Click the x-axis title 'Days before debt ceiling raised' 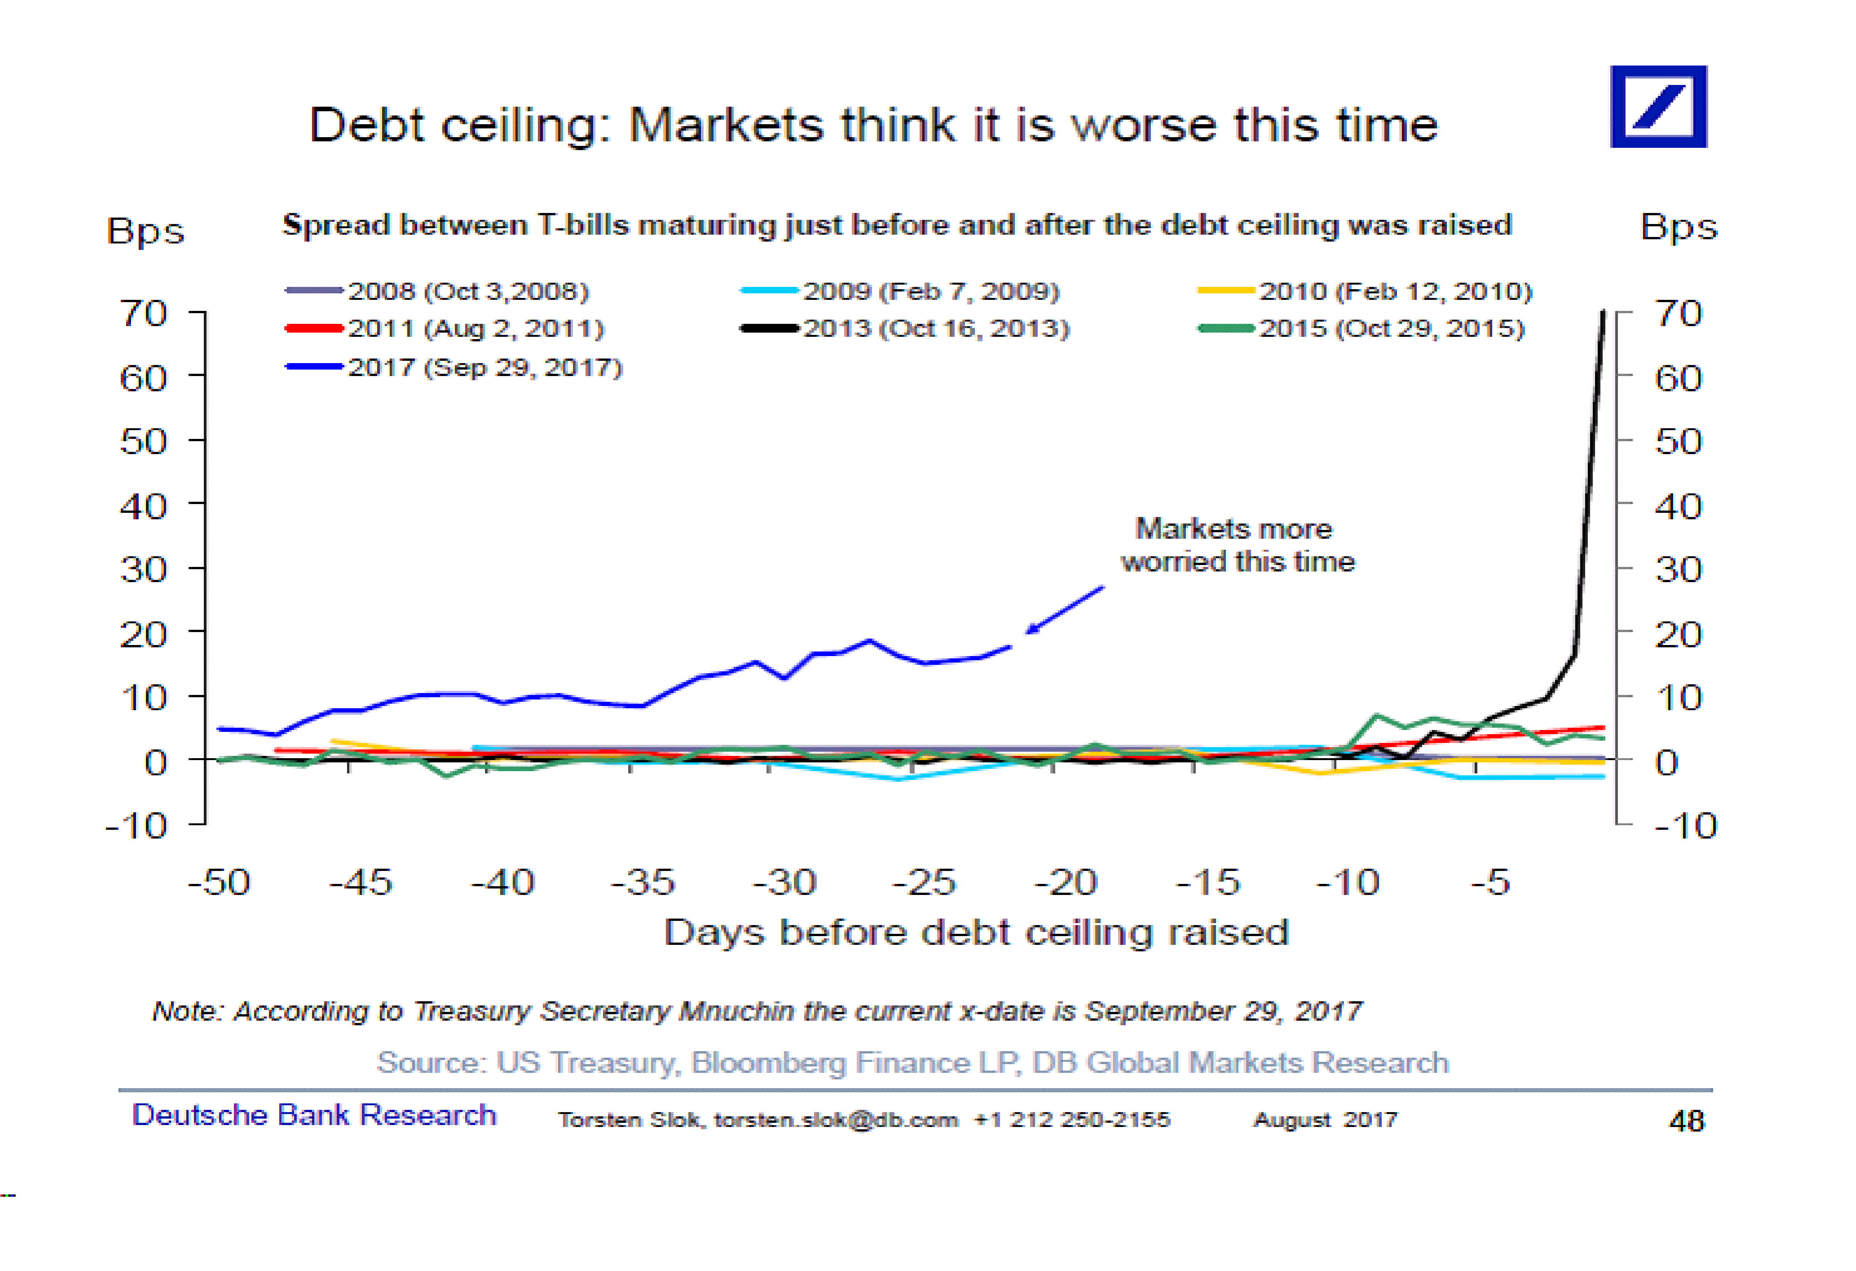976,932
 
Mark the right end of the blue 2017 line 1010,646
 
